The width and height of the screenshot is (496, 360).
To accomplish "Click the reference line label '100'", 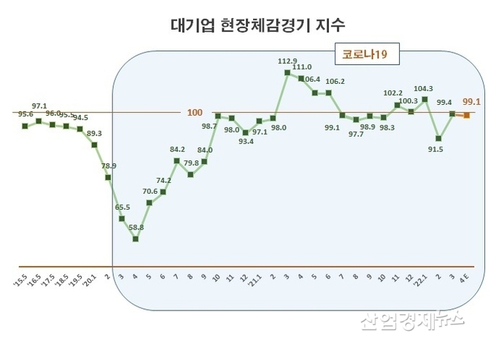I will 195,112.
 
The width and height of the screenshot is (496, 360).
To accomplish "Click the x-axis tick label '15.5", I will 20,279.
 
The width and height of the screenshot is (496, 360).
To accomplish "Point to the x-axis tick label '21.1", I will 257,281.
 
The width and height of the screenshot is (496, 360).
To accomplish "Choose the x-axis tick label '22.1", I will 423,281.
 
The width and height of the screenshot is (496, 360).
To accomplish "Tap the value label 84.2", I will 177,149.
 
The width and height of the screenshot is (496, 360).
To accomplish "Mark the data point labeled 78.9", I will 108,177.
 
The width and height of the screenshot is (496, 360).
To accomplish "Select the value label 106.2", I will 336,82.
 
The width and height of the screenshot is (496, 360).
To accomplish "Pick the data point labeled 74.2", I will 163,192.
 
